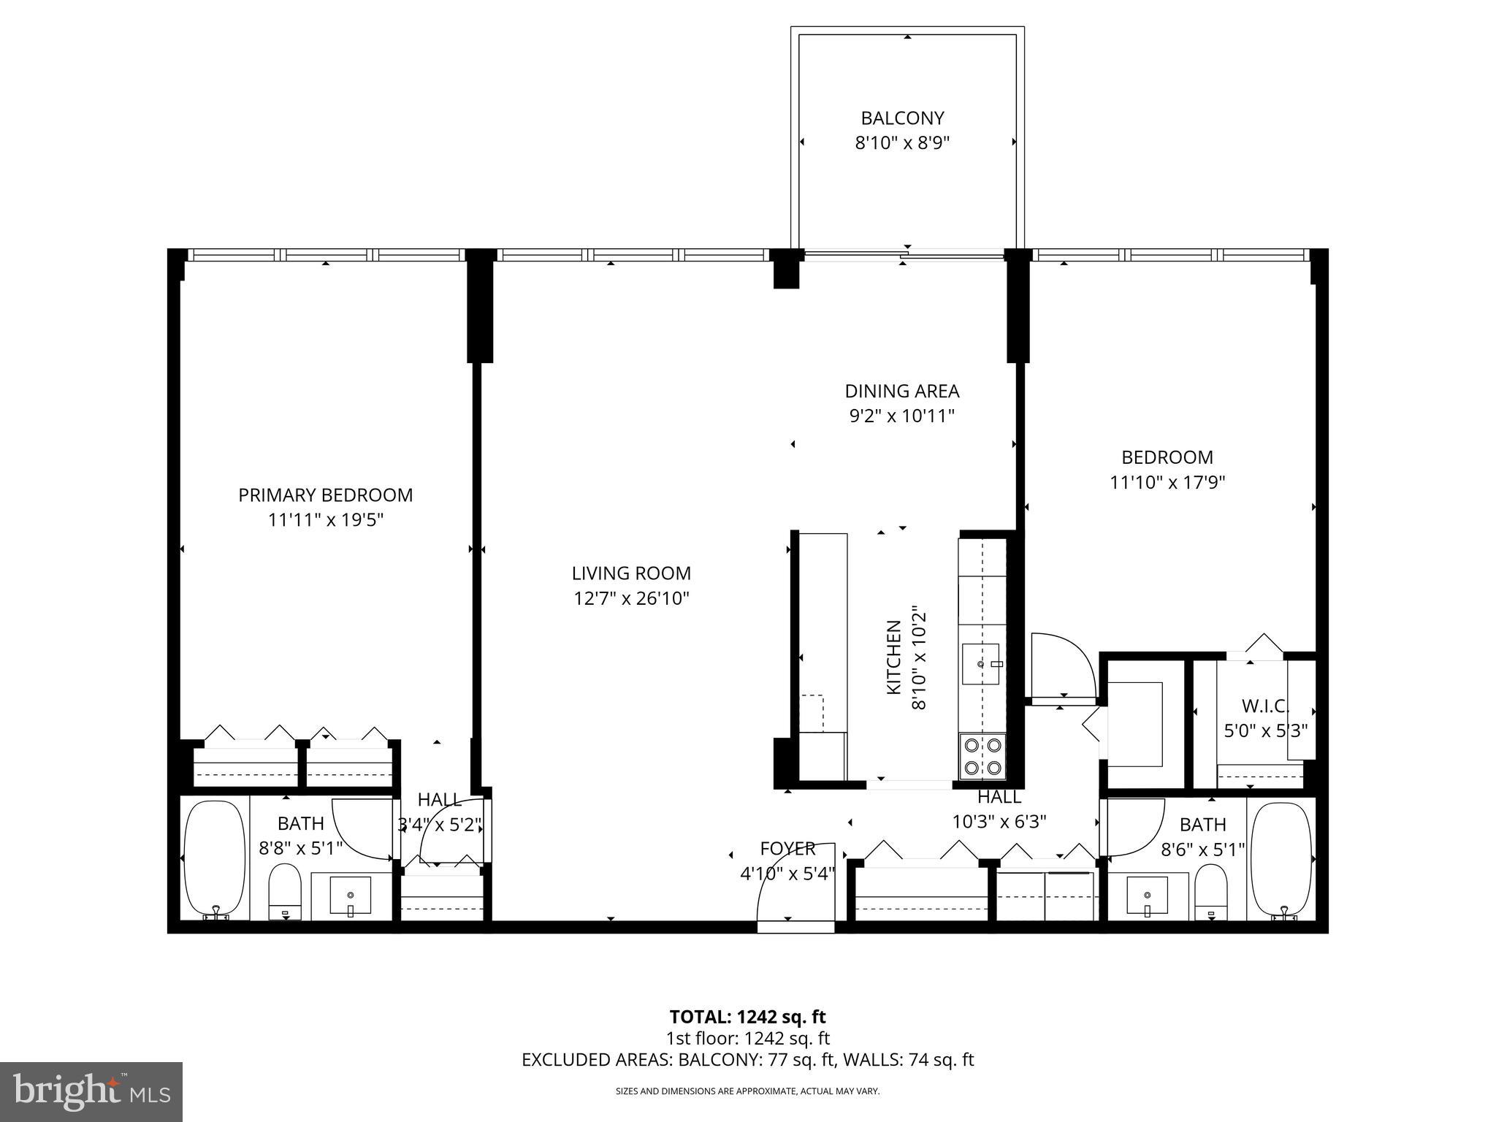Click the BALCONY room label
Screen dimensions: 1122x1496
tap(902, 118)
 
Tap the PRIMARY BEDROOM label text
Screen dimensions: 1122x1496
tap(326, 495)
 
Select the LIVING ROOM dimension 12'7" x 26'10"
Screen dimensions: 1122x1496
tap(631, 599)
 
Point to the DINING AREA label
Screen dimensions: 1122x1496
tap(902, 392)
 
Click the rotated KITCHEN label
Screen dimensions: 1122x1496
tap(893, 657)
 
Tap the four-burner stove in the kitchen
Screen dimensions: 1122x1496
tap(982, 756)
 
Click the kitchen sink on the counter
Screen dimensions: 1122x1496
tap(980, 664)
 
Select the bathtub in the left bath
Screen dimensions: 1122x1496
tap(214, 859)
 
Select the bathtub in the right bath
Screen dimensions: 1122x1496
tap(1283, 859)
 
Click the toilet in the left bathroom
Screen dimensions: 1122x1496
tap(285, 891)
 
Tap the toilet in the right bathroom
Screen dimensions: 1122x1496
tap(1211, 891)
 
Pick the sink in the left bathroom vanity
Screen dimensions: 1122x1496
tap(351, 895)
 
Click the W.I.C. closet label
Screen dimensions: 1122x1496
tap(1265, 706)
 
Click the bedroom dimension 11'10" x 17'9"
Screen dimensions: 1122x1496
tap(1167, 483)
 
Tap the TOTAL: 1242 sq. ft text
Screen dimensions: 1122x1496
tap(747, 1017)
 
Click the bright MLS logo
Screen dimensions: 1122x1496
tap(91, 1091)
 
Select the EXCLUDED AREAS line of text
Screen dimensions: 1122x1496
tap(747, 1060)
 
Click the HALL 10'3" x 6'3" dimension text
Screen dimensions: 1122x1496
tap(999, 822)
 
